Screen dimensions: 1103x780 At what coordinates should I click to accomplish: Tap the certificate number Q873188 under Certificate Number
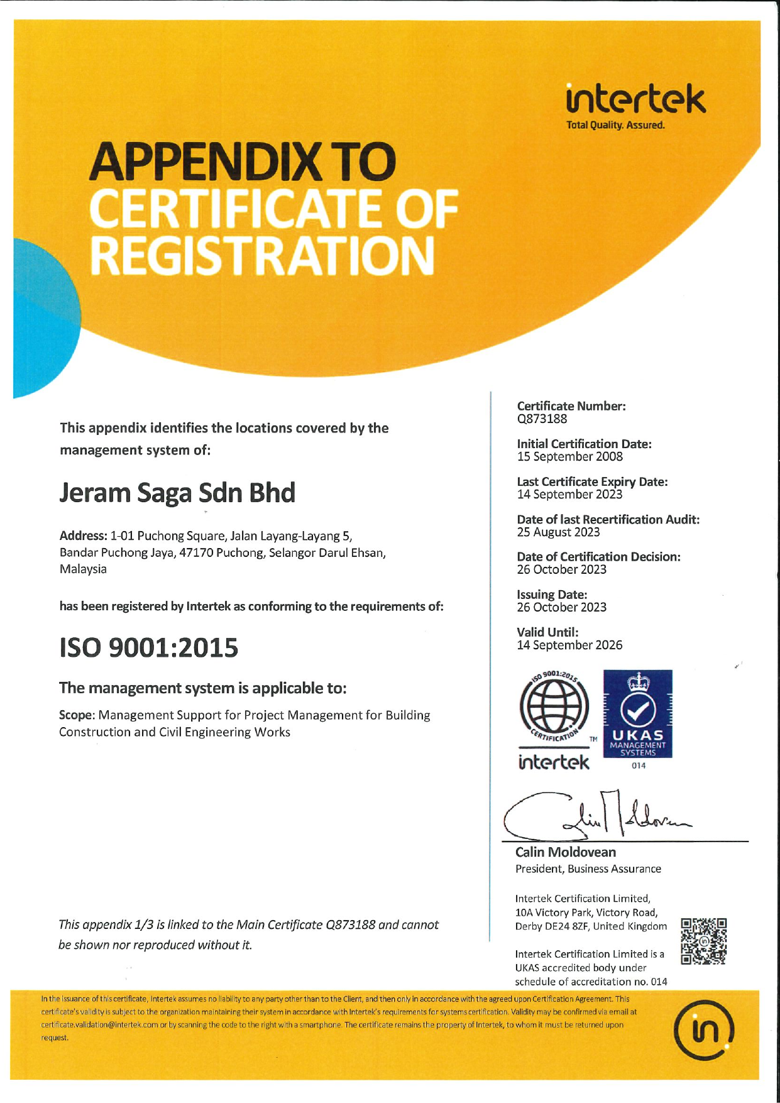click(542, 419)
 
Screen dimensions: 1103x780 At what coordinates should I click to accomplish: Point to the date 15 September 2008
click(569, 457)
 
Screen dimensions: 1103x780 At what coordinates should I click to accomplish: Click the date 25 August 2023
click(558, 532)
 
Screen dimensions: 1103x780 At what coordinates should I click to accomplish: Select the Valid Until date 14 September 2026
click(569, 645)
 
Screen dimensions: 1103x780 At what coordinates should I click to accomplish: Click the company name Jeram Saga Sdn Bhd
click(177, 493)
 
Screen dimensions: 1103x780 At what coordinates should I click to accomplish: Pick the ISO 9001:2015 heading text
click(149, 648)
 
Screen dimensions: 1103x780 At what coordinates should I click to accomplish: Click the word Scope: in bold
click(77, 715)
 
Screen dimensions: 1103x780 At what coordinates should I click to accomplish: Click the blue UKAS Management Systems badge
click(637, 714)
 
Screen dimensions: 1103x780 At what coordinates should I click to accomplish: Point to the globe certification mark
click(554, 708)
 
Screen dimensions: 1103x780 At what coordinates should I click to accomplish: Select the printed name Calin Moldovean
click(566, 853)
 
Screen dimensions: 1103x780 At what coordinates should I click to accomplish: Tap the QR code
click(704, 941)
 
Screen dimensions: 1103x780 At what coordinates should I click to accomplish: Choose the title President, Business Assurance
click(588, 869)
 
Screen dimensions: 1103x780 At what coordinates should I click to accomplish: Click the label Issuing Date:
click(552, 595)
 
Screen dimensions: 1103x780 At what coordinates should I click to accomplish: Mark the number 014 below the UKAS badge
click(639, 766)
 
